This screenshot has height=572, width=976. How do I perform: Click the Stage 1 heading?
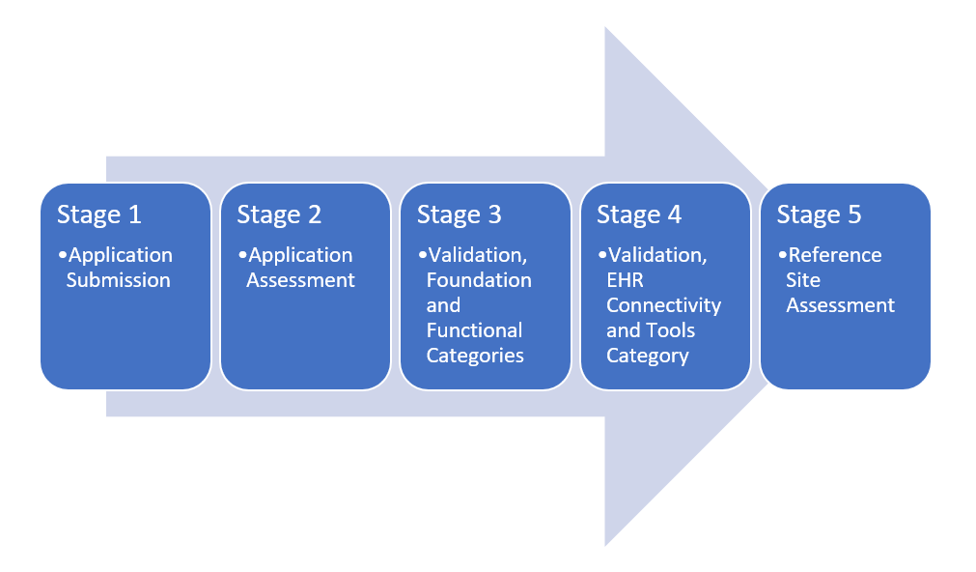(x=99, y=214)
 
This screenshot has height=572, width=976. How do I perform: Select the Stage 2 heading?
(x=279, y=214)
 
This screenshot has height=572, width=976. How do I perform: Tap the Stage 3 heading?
(x=459, y=214)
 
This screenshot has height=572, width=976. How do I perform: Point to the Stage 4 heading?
(x=639, y=214)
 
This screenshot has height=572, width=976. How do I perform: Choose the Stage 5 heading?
(x=819, y=214)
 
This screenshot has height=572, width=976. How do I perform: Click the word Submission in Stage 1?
(x=118, y=280)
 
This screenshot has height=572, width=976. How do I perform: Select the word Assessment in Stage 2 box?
(x=300, y=280)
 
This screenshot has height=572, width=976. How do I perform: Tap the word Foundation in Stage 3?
(x=479, y=280)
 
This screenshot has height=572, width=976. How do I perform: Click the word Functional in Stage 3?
(x=474, y=330)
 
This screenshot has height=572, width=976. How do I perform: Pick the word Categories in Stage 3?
(x=475, y=356)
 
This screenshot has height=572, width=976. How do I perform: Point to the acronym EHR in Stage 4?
(x=626, y=280)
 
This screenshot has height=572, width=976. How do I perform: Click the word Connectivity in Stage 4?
(x=663, y=305)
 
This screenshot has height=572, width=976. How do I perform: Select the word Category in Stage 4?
(x=647, y=356)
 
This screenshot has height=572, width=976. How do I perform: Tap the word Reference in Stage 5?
(x=835, y=255)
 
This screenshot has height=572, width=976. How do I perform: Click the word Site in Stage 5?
(x=803, y=280)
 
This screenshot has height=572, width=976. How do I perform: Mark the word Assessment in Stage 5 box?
(x=840, y=305)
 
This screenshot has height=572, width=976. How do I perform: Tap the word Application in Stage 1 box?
(x=121, y=255)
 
